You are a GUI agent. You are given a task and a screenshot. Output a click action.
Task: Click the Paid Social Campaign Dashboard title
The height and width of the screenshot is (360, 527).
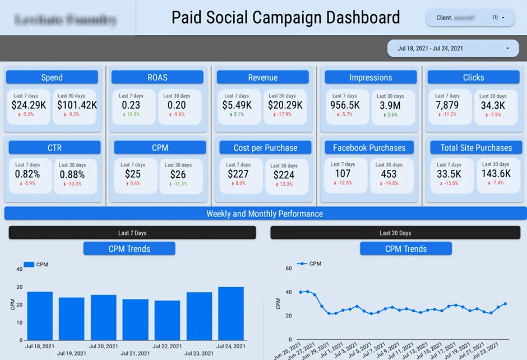tap(285, 17)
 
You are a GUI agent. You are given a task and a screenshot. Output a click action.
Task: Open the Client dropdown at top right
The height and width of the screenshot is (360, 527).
tap(470, 17)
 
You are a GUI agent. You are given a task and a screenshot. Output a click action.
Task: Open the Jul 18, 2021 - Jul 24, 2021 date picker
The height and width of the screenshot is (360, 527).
tap(452, 48)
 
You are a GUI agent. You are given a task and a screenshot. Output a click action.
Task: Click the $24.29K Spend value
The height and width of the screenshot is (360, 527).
tap(29, 105)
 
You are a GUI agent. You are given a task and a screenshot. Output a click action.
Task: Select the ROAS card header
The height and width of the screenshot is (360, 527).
tap(157, 77)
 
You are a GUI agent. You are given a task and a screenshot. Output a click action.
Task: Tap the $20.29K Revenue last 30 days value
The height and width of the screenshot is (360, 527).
tap(285, 105)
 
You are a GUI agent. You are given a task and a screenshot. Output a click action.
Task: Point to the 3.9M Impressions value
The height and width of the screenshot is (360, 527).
tap(390, 105)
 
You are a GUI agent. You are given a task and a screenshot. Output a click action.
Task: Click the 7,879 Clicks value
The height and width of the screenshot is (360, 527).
tap(447, 105)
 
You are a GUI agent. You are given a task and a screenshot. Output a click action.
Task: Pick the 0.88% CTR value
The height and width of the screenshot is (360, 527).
tap(72, 174)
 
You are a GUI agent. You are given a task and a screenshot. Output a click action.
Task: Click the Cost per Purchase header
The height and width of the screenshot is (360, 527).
tap(265, 147)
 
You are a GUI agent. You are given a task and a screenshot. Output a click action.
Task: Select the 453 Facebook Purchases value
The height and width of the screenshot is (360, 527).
tap(389, 174)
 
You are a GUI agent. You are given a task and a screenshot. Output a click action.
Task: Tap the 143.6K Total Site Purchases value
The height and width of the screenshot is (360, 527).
tap(496, 174)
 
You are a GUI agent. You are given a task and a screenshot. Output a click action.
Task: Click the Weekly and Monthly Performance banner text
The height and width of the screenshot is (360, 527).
tap(264, 214)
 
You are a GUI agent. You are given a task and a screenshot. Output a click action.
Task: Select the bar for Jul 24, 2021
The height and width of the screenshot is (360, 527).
tap(231, 313)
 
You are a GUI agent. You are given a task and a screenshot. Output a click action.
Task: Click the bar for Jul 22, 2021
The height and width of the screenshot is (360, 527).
tap(167, 320)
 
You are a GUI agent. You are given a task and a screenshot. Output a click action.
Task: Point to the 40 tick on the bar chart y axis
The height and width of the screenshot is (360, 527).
tap(19, 269)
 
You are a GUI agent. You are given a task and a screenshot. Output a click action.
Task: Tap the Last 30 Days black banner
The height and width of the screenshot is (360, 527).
tap(395, 233)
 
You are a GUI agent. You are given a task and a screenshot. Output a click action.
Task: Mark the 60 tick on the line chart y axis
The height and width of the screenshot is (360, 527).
tap(289, 269)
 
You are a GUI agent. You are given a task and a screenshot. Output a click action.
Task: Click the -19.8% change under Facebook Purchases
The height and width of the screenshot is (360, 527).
tap(389, 183)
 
